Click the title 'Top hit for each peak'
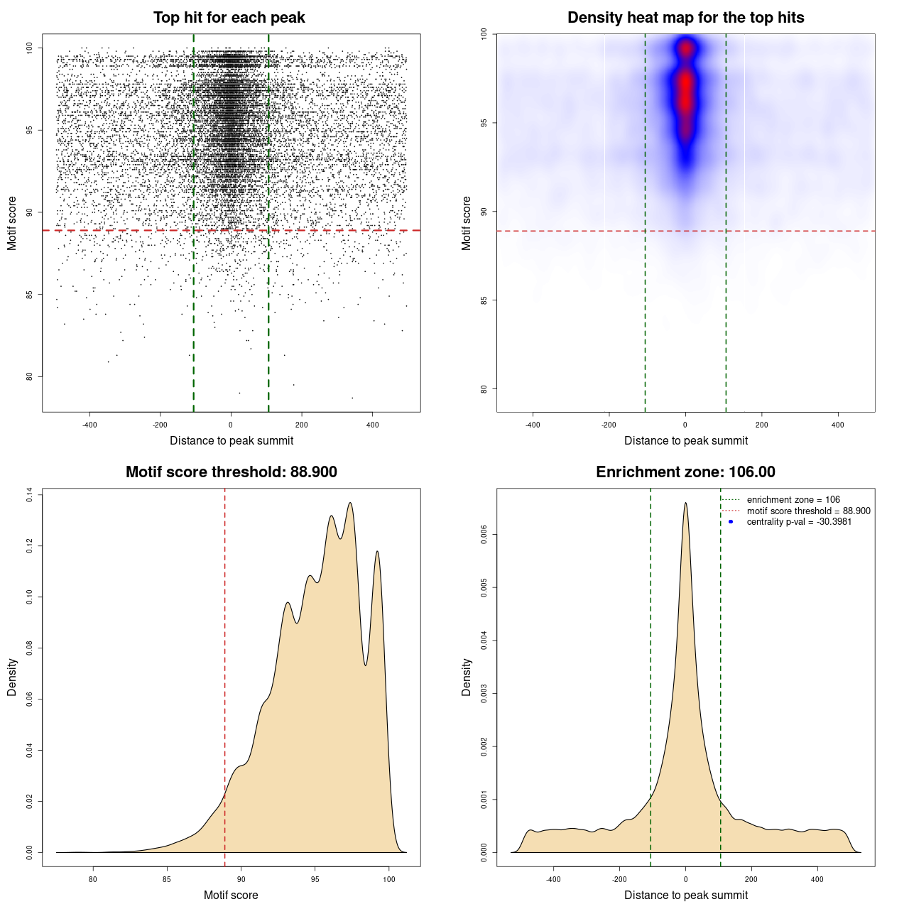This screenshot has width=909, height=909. (229, 18)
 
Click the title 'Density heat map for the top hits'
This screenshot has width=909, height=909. (685, 18)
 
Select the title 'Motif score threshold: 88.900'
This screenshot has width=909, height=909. (231, 472)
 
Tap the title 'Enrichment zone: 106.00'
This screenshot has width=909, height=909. (685, 472)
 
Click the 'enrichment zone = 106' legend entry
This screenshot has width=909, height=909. (793, 500)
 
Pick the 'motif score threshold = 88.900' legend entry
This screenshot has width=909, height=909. (808, 511)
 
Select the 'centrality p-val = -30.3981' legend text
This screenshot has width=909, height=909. (799, 522)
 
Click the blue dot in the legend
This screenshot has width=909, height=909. (731, 522)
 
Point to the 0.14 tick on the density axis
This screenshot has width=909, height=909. (30, 494)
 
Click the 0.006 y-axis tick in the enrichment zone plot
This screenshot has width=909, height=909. (484, 535)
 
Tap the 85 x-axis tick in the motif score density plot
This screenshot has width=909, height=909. (167, 879)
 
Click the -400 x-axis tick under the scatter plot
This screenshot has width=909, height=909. (89, 425)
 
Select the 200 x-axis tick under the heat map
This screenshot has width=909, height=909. (761, 425)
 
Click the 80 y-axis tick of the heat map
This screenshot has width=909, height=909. (484, 389)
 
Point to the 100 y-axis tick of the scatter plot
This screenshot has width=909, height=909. (30, 48)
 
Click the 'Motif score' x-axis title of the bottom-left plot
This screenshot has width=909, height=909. (231, 895)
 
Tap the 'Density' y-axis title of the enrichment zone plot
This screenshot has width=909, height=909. (467, 677)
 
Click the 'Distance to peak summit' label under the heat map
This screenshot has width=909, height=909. (685, 440)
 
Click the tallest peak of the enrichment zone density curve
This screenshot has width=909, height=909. (685, 504)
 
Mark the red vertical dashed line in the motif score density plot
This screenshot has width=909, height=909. (225, 675)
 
